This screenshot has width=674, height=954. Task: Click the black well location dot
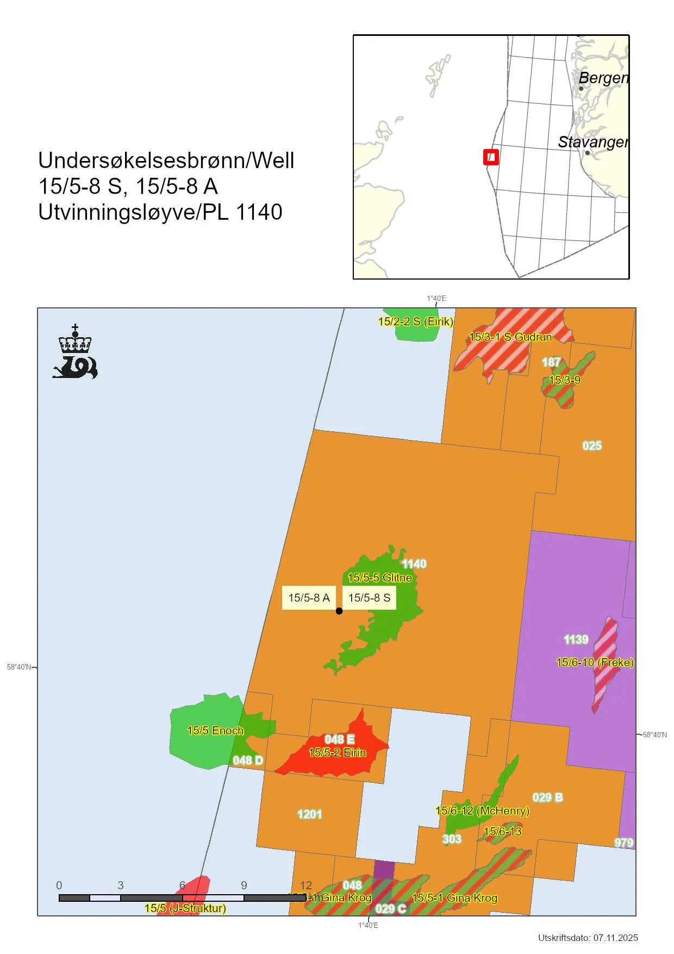(339, 611)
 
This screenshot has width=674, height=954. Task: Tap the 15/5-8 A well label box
(309, 598)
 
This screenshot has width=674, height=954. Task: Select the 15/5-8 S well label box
(369, 598)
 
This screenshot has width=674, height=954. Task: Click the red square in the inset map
(491, 157)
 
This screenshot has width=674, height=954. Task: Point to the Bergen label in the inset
(603, 78)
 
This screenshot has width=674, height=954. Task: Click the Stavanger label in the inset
(592, 142)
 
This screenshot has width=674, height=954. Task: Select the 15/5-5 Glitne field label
(379, 578)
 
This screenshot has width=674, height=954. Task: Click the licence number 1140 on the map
(414, 564)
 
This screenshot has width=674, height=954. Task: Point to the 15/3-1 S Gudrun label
(510, 337)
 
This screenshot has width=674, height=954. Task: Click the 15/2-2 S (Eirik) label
(415, 321)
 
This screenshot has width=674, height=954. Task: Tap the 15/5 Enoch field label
(215, 730)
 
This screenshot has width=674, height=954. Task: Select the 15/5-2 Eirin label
(337, 753)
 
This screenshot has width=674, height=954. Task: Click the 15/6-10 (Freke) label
(595, 662)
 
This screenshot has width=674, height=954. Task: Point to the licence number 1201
(309, 814)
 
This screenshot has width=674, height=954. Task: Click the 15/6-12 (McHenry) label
(482, 811)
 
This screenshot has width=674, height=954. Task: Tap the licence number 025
(592, 446)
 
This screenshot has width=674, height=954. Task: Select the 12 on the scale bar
(306, 885)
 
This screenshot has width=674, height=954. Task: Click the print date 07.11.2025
(615, 938)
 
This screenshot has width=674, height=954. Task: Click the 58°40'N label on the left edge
(19, 667)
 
